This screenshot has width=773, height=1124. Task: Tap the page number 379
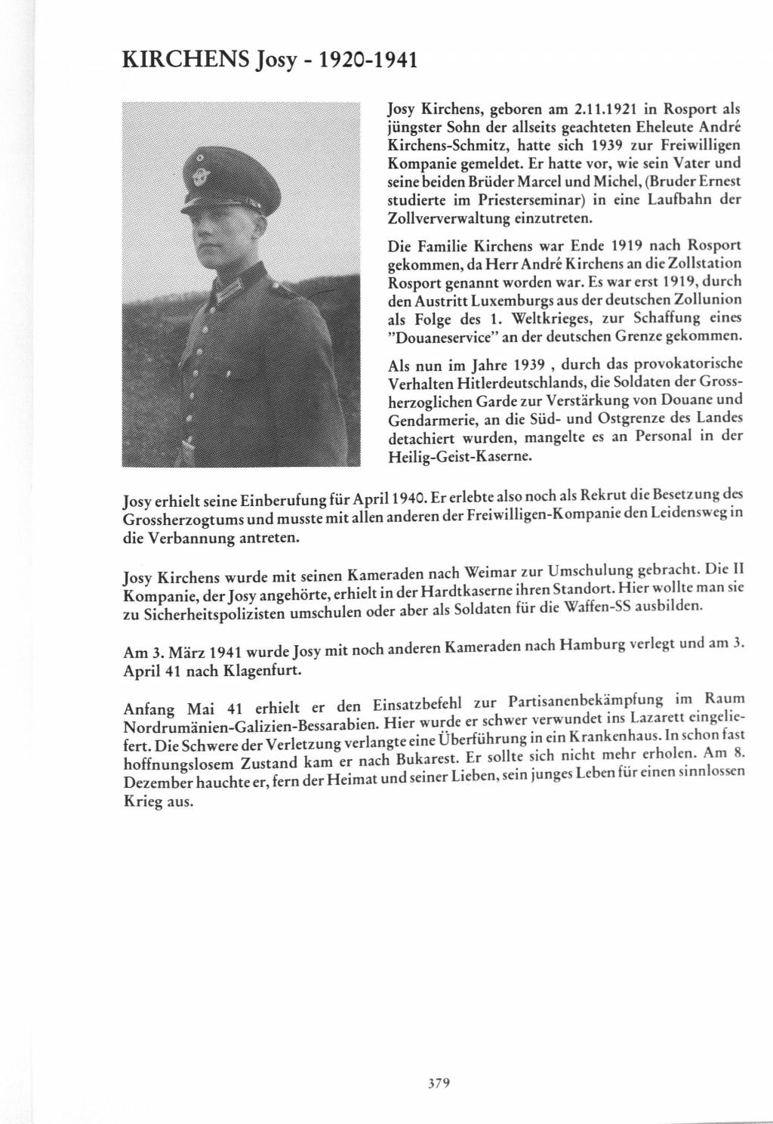[x=439, y=1083]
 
